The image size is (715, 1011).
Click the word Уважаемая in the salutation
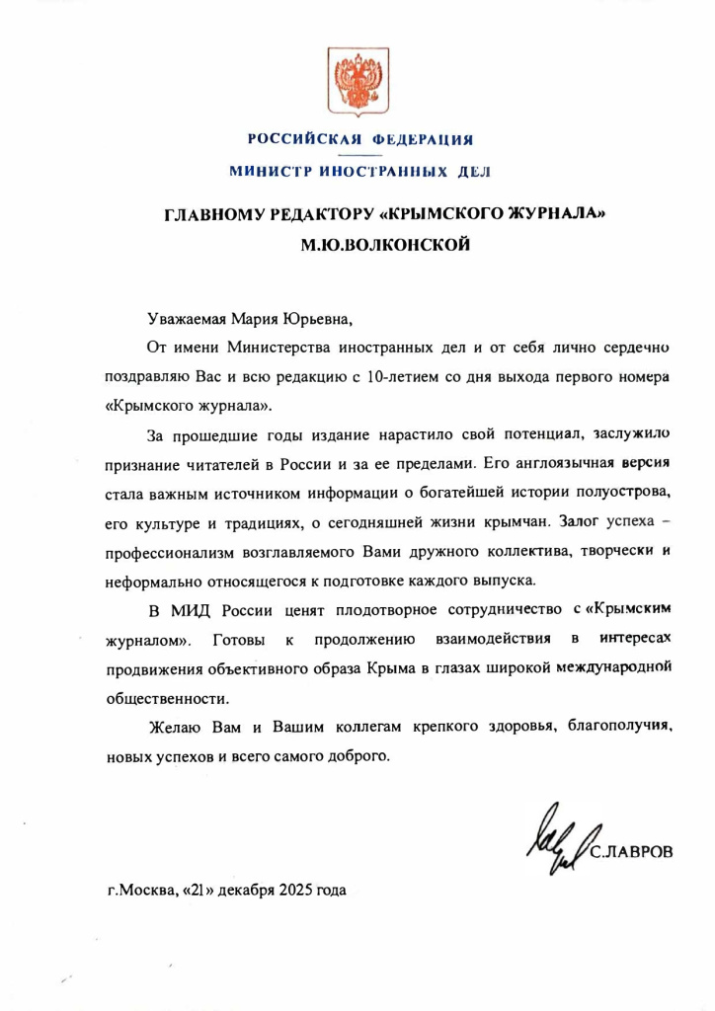(x=187, y=318)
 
